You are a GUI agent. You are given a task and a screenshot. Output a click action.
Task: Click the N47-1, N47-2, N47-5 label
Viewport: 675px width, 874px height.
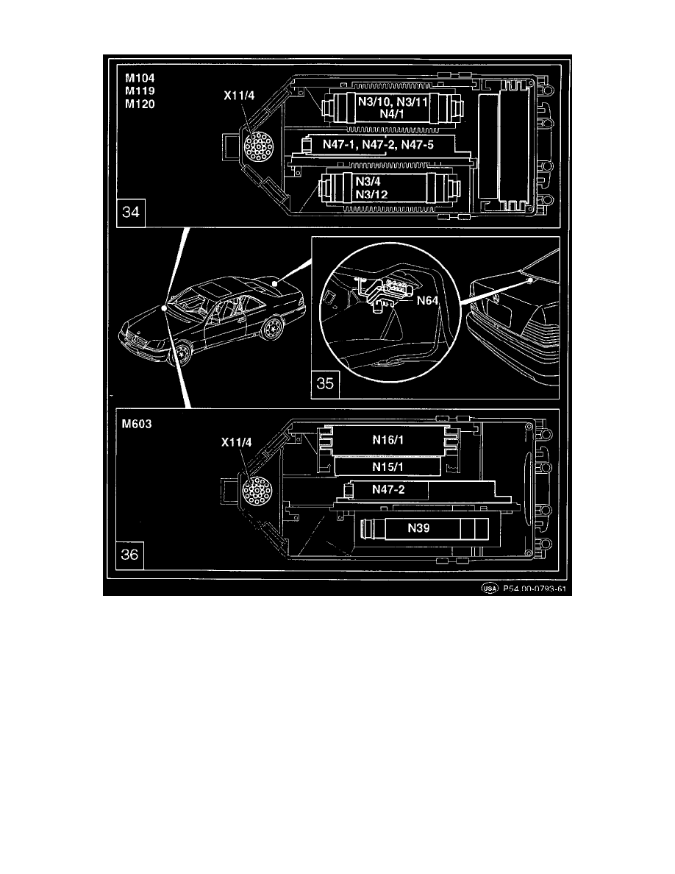[379, 145]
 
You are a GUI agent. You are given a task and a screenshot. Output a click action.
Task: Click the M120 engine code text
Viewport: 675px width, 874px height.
[140, 103]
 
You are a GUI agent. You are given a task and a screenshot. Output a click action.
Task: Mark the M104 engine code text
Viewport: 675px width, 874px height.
[140, 77]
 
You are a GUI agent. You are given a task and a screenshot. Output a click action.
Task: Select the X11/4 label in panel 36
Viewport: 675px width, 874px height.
[236, 443]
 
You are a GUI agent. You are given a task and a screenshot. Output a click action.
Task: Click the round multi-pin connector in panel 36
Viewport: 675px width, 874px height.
[256, 491]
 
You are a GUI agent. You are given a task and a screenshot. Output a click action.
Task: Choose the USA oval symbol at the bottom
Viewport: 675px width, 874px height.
[490, 589]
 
